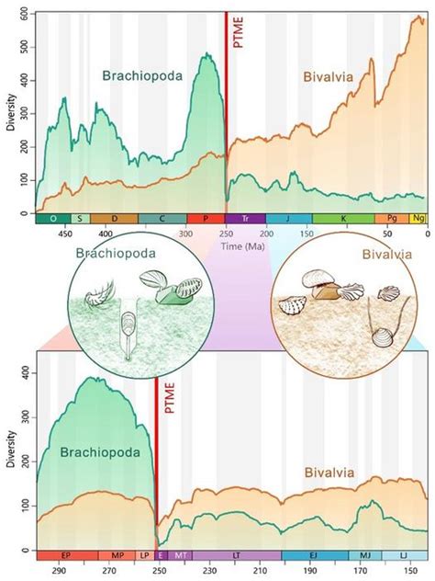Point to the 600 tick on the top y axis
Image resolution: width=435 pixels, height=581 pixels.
21,16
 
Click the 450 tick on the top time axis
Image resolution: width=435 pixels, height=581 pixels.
65,234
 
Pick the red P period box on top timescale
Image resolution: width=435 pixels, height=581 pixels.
206,220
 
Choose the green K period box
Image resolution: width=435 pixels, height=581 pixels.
343,220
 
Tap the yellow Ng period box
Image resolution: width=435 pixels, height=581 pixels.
418,220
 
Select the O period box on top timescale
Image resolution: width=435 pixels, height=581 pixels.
52,220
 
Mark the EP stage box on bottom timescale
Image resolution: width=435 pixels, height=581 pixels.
66,556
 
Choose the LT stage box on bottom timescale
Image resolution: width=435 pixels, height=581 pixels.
237,556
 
